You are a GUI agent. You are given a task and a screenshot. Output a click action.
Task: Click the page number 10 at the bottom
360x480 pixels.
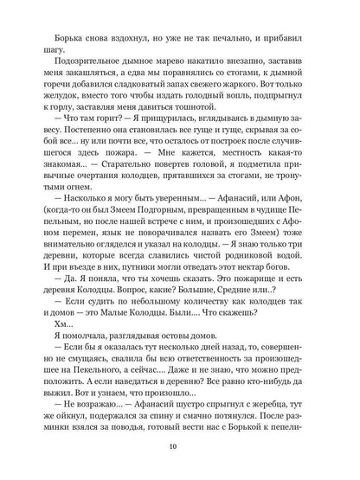180,447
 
